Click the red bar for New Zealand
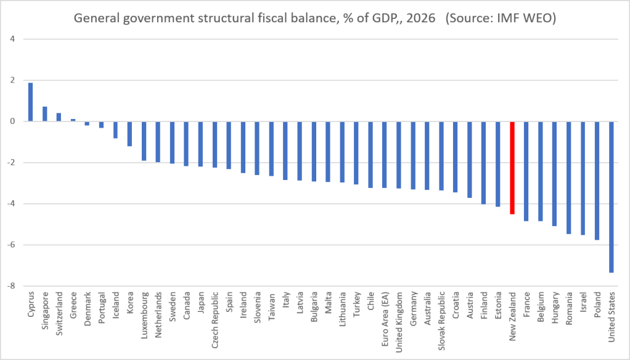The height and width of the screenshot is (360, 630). click(x=512, y=168)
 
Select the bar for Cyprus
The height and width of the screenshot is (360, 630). click(x=31, y=102)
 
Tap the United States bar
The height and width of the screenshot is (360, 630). click(x=612, y=197)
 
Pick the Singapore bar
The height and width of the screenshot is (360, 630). click(x=44, y=113)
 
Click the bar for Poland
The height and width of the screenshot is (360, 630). click(x=597, y=181)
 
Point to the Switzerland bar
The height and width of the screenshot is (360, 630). click(x=59, y=117)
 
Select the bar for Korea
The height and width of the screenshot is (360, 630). click(x=130, y=134)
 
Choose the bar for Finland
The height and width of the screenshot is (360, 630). click(x=484, y=163)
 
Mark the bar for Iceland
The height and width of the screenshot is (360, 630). click(x=115, y=130)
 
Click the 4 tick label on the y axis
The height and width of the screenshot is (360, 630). click(x=13, y=39)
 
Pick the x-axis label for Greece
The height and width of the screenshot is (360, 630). click(x=73, y=305)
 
